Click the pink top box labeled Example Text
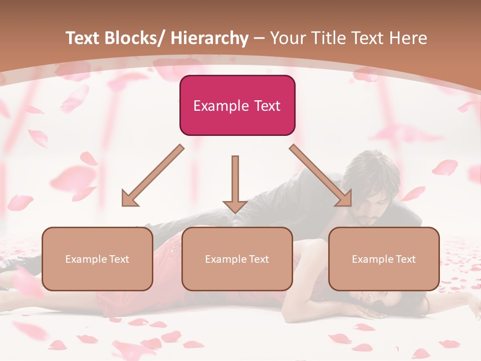tap(237, 105)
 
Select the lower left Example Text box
tap(97, 259)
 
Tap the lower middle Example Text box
tap(237, 259)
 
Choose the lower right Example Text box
tap(384, 259)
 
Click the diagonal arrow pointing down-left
tap(153, 175)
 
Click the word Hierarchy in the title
tap(209, 38)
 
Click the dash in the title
tap(259, 39)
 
